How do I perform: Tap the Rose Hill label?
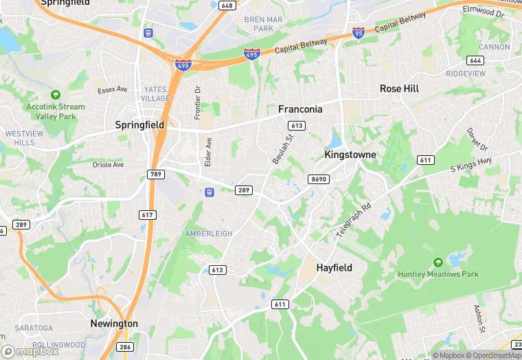click(399, 89)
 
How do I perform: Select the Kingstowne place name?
click(350, 155)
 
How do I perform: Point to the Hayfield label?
click(334, 267)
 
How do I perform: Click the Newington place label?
click(114, 324)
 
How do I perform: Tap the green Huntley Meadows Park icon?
click(438, 262)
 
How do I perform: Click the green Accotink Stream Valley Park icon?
click(56, 95)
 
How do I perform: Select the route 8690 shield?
click(319, 179)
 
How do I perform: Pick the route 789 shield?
click(156, 175)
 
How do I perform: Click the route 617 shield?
click(148, 215)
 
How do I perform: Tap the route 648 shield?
click(227, 5)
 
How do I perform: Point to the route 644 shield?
click(476, 60)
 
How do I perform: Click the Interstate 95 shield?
click(358, 32)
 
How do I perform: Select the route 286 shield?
click(125, 348)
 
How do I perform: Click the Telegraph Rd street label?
click(354, 220)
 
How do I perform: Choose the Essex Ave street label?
click(113, 90)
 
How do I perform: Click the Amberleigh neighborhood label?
click(209, 234)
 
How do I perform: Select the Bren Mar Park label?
click(263, 24)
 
